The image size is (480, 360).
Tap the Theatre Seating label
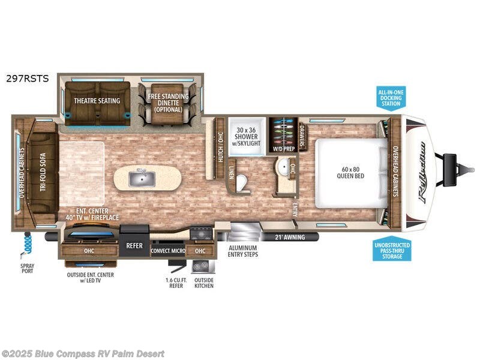tap(97, 101)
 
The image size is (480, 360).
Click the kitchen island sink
tap(142, 177)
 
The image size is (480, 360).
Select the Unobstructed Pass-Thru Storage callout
tap(392, 250)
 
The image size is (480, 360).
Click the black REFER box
tap(133, 245)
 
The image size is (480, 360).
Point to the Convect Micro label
tap(168, 251)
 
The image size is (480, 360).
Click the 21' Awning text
tap(290, 237)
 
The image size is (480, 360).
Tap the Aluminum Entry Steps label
tap(242, 251)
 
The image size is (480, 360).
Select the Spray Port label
tap(28, 268)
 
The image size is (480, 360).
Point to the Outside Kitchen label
tap(203, 283)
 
